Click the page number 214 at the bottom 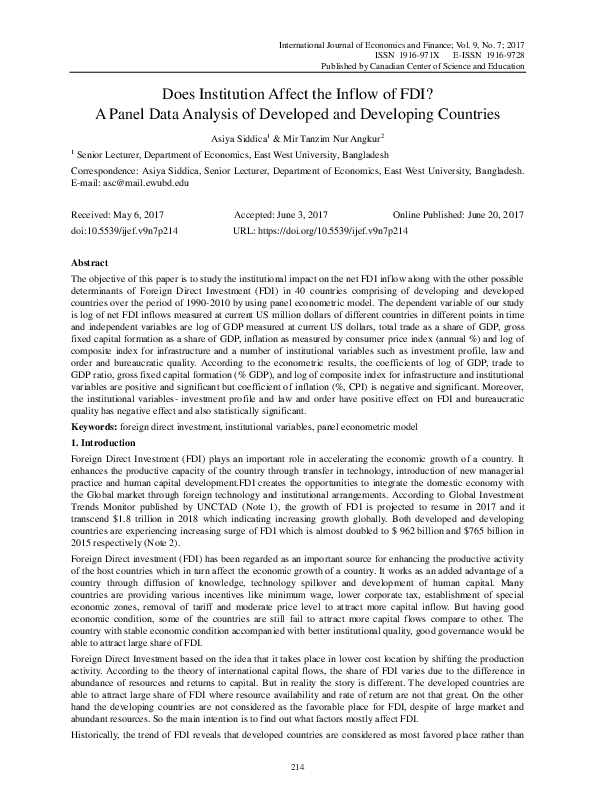[297, 765]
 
